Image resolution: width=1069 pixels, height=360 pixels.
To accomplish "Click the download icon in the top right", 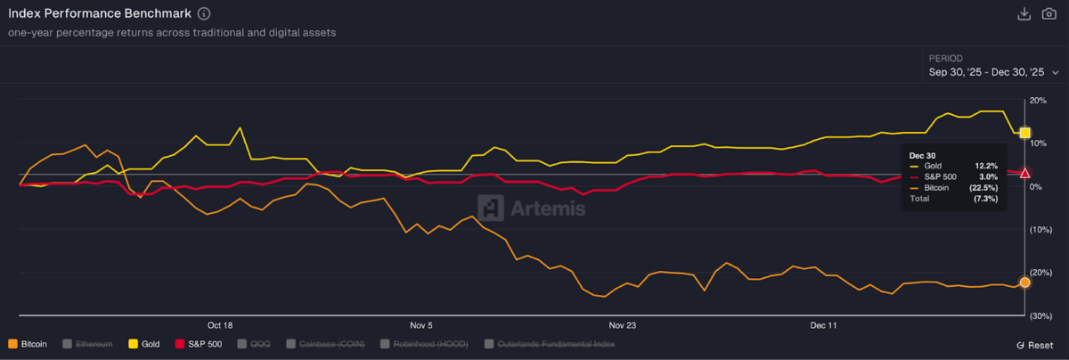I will point(1024,13).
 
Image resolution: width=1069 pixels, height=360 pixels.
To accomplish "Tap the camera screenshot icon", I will point(1049,13).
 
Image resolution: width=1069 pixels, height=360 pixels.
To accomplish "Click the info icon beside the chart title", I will point(204,14).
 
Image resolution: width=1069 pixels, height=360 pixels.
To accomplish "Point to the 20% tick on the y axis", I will point(1037,101).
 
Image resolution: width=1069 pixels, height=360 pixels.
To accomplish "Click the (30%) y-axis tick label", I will point(1040,316).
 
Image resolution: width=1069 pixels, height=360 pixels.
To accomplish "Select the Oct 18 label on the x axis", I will point(220,325).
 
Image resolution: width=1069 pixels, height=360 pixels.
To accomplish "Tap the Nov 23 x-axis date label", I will point(623,325).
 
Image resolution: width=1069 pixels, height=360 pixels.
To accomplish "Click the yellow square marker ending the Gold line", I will point(1024,133).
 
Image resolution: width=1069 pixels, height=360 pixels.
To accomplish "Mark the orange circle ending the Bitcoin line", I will point(1024,282).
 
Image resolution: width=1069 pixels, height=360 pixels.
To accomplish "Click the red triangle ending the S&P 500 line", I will point(1024,173).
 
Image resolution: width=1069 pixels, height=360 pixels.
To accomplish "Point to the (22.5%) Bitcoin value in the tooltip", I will point(984,188).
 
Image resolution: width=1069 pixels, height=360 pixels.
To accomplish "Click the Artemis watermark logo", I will point(532,209).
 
